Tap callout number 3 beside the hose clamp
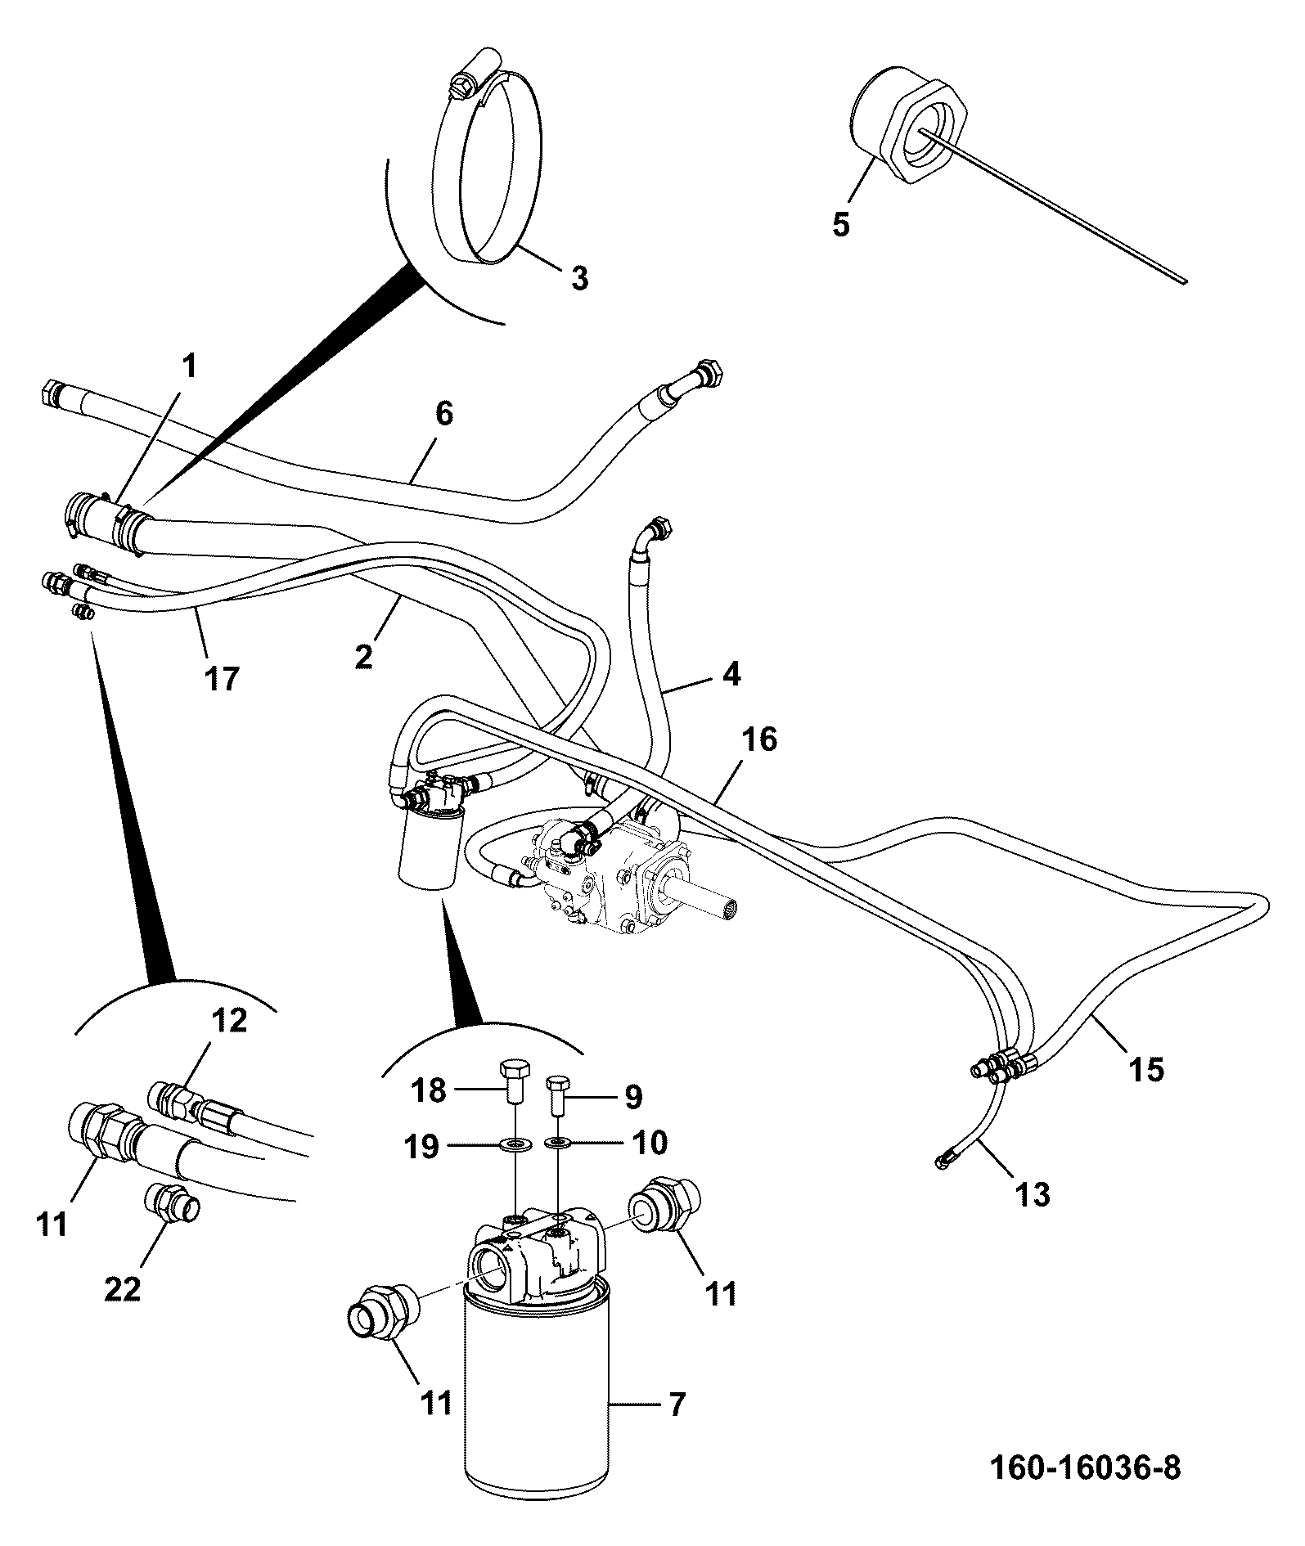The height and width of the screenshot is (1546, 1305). [x=578, y=280]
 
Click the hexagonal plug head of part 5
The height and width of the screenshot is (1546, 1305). [x=929, y=133]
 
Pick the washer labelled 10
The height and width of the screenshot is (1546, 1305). [x=560, y=1141]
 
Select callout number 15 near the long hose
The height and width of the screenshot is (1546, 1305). [x=1146, y=1069]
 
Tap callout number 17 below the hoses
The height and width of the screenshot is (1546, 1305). [x=222, y=678]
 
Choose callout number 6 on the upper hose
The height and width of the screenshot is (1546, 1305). [x=443, y=414]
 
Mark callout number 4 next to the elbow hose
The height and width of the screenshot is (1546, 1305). [x=731, y=674]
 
